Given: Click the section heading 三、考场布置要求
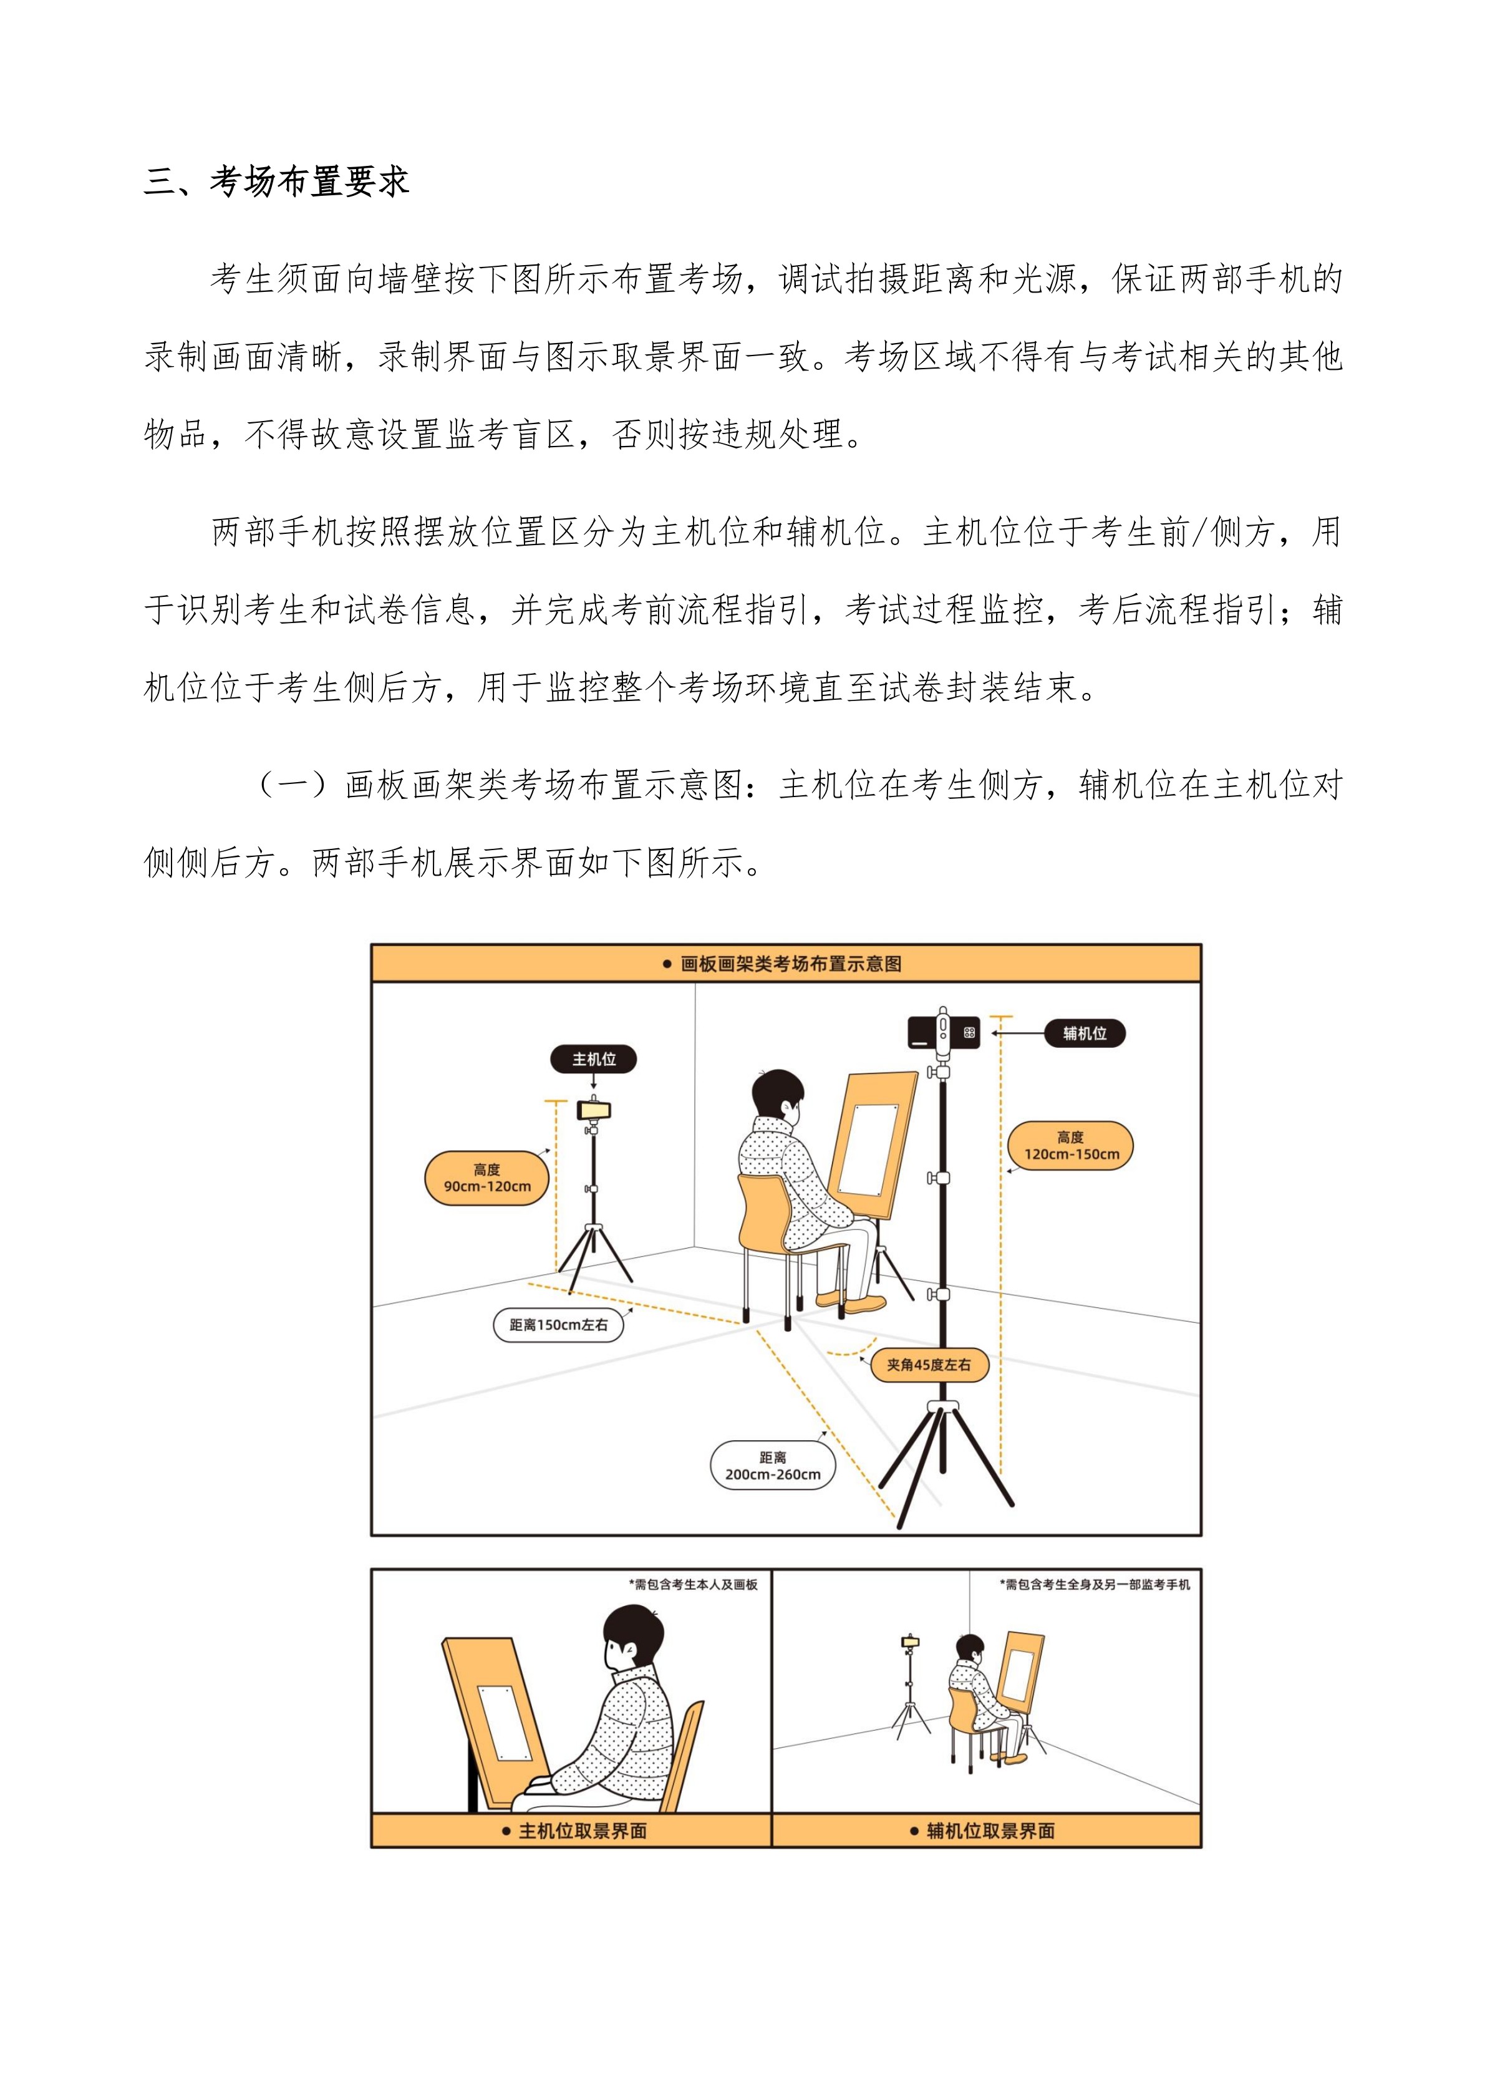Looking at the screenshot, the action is point(276,181).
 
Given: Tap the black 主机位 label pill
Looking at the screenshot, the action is point(594,1059).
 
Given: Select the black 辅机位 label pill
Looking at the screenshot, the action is point(1085,1033).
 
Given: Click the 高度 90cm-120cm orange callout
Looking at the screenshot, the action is point(487,1178).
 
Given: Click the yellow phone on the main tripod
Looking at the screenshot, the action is point(594,1110).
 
